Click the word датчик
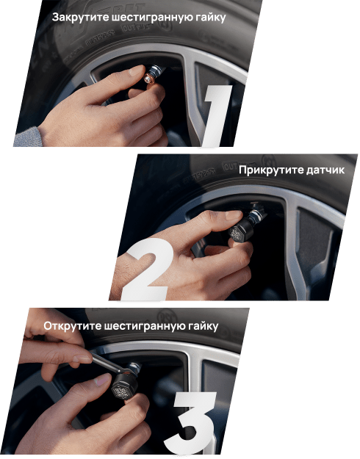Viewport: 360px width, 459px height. tap(325, 170)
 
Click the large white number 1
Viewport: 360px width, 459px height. tap(215, 115)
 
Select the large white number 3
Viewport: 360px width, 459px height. tap(190, 424)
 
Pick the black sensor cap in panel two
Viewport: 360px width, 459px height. tap(240, 231)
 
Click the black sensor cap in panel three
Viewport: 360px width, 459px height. tap(124, 387)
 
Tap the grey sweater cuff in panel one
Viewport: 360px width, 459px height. tap(27, 137)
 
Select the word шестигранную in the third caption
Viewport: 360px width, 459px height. tap(146, 327)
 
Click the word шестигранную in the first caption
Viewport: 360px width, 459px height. tap(152, 18)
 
